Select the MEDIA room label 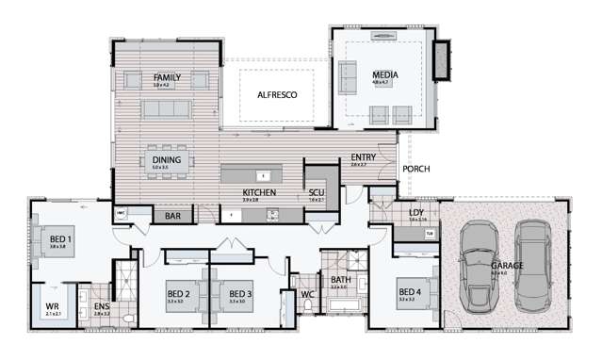pos(384,74)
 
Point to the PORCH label pos(415,170)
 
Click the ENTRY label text pos(365,157)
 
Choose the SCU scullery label pos(317,192)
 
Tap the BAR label pos(172,217)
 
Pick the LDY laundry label pos(416,213)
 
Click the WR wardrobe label pos(53,307)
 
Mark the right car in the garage pos(533,266)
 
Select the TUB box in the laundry pos(430,233)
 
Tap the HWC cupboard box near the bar pos(121,216)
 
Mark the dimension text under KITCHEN pos(252,200)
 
